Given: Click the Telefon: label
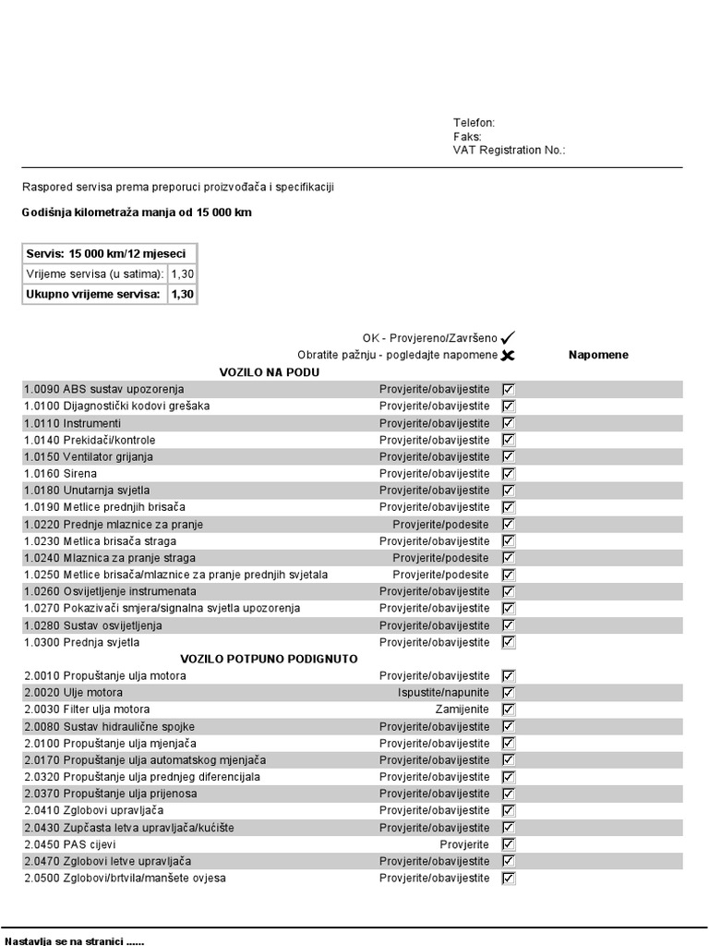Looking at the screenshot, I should pos(474,123).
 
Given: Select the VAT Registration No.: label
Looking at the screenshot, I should pos(509,150).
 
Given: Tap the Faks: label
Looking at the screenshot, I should pos(467,137).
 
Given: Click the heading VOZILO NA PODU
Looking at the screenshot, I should pos(269,372).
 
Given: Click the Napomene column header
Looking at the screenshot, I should pos(598,355).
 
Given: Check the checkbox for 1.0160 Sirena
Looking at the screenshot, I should pos(509,473).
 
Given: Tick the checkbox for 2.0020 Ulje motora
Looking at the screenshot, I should pos(509,692).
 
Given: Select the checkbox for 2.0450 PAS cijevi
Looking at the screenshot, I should pos(509,844).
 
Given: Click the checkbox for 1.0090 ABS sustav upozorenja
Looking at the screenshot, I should pos(509,389).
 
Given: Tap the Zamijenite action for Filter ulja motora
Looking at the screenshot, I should pos(463,709).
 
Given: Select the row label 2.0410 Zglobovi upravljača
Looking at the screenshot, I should pos(94,810).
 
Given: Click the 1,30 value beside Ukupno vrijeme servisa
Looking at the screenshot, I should pos(182,295).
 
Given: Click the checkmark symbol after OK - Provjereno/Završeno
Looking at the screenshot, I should pos(508,338).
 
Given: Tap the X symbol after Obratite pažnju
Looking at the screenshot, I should pos(508,355).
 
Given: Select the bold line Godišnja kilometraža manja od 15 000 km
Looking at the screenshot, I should pos(137,212).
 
